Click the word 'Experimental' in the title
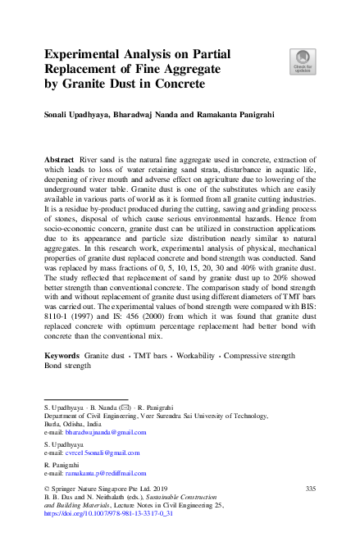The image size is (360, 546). [x=88, y=54]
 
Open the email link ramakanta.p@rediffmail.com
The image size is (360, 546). [x=106, y=472]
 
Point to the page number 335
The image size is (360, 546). [x=310, y=489]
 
